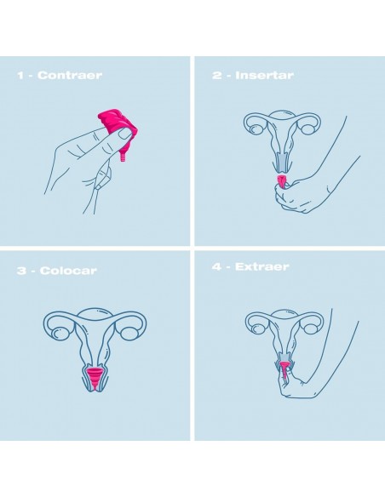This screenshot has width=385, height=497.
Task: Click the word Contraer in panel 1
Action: click(x=70, y=76)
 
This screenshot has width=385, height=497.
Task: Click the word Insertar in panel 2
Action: click(x=265, y=76)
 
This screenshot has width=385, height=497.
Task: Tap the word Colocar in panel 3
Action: click(x=68, y=271)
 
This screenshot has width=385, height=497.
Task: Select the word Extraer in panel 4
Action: click(x=262, y=266)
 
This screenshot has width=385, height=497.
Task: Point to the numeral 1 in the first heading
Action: click(x=20, y=76)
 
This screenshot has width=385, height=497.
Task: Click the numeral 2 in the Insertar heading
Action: click(x=217, y=76)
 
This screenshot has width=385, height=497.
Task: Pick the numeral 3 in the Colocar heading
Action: click(x=22, y=271)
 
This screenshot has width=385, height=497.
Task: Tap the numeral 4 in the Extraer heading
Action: click(x=217, y=266)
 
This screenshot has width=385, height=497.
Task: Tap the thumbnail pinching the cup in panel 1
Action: click(x=124, y=134)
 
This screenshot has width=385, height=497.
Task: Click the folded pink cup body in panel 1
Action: click(x=118, y=123)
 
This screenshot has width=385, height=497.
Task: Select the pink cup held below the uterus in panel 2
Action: click(x=282, y=181)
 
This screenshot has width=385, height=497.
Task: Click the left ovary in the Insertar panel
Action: click(x=256, y=129)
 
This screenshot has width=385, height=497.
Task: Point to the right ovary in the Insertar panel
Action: click(x=307, y=129)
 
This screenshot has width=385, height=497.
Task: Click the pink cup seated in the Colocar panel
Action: click(x=95, y=378)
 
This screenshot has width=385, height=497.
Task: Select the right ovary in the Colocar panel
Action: click(x=129, y=333)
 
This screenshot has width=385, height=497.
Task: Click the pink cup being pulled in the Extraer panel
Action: click(x=284, y=370)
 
